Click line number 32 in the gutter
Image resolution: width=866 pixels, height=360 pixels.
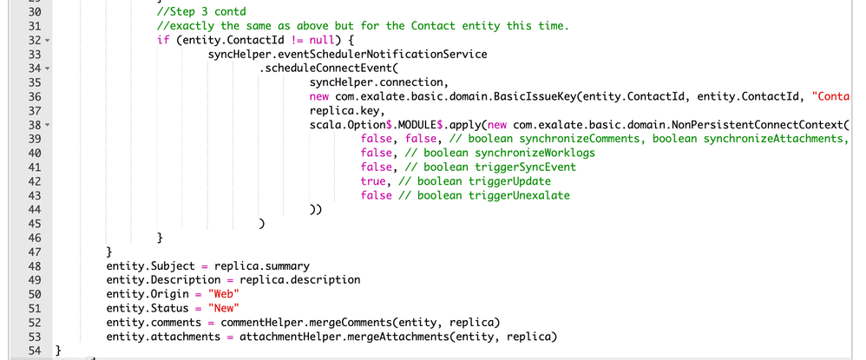coord(34,40)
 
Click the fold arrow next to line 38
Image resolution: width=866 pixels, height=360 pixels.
coord(47,125)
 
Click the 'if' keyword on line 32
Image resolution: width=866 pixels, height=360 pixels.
coord(163,40)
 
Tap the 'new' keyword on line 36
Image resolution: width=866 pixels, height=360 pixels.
coord(318,96)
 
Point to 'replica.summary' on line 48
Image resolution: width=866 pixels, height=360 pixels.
coord(262,265)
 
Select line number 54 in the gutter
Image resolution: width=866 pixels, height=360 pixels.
coord(34,350)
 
